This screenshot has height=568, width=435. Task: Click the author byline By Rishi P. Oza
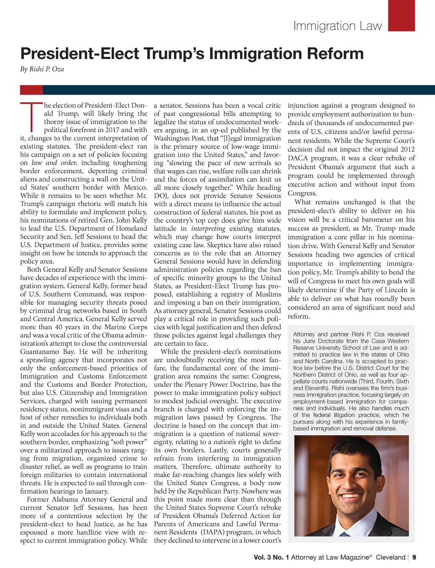42,69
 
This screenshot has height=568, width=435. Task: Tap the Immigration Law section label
337,26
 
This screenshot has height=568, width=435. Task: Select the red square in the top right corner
401,15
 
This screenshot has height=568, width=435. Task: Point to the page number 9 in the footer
414,557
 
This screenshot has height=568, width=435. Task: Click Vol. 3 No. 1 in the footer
271,557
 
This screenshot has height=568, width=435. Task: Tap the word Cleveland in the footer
390,557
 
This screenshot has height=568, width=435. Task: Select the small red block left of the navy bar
31,90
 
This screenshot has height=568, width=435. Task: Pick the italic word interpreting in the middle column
208,229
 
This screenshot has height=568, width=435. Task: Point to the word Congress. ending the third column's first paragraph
302,193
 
